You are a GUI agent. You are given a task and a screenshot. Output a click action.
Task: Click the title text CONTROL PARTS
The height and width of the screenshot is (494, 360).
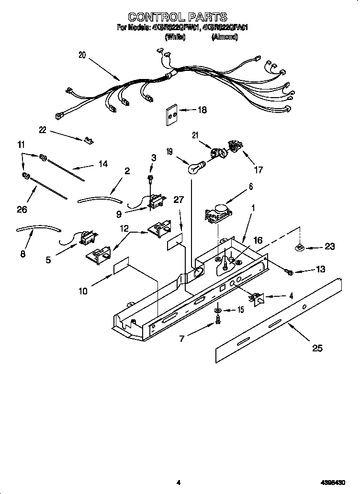(x=178, y=18)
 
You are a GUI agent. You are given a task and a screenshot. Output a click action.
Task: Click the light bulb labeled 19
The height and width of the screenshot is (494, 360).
(x=195, y=168)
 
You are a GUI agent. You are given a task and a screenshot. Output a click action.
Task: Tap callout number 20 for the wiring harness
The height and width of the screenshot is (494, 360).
(x=82, y=55)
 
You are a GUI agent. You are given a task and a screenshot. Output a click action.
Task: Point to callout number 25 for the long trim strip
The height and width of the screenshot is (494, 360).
(x=317, y=348)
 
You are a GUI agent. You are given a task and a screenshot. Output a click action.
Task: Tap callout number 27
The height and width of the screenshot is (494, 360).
(x=178, y=200)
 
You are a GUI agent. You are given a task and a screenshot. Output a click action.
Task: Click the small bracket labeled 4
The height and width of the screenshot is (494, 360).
(x=259, y=299)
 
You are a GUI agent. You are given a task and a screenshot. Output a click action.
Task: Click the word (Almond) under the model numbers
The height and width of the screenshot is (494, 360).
(x=225, y=37)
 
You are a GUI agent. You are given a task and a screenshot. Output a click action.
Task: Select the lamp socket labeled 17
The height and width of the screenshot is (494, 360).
(x=235, y=146)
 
